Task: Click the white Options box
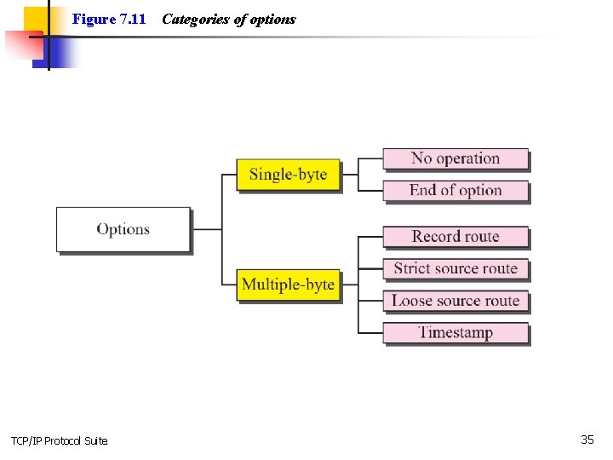point(123,229)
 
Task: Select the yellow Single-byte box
point(288,174)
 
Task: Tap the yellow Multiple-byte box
point(288,284)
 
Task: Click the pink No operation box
point(455,158)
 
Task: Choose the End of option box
point(455,190)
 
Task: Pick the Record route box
point(455,236)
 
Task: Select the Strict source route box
point(455,268)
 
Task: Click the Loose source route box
point(455,301)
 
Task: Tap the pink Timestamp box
point(455,332)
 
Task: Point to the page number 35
point(587,440)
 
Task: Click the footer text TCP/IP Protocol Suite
point(60,440)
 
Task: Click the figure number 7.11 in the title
point(133,19)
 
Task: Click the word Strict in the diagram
point(412,268)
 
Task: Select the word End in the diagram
point(423,190)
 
